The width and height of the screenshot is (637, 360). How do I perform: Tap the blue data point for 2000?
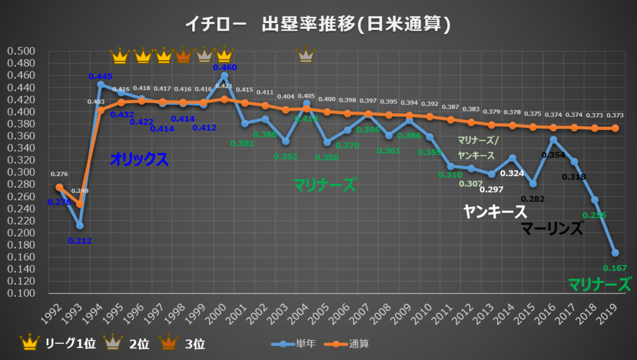pos(224,75)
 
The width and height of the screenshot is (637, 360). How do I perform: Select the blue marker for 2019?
pos(615,253)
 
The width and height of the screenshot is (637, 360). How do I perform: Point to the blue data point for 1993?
pos(80,225)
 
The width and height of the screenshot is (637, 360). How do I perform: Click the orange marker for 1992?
pos(60,187)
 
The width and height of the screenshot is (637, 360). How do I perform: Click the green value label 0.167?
pos(613,269)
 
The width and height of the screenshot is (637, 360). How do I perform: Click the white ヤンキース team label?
pos(495,212)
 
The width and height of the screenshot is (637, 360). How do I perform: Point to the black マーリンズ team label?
pos(552,229)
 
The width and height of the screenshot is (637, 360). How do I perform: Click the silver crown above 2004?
pos(305,55)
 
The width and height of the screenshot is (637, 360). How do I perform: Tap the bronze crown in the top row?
pos(184,55)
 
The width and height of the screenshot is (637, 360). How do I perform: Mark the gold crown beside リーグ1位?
pos(29,342)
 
